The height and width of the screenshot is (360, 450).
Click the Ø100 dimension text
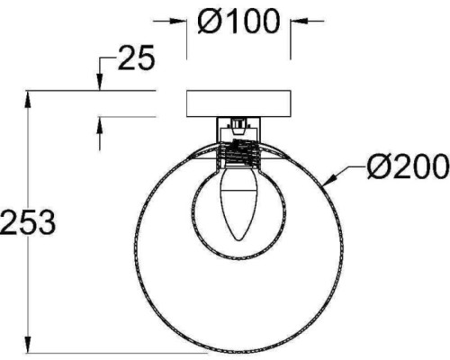tap(238, 21)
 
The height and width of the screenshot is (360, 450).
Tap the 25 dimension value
tap(137, 58)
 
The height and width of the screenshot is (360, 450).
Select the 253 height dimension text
tap(28, 222)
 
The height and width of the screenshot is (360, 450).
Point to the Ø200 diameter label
tap(408, 166)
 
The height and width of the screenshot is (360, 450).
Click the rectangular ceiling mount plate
tap(238, 103)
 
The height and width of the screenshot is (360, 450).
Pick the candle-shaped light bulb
tap(238, 203)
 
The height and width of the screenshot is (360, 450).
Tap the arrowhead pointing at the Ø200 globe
tap(329, 179)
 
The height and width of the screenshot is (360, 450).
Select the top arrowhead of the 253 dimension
tap(28, 98)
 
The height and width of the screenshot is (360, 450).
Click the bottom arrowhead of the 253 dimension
tap(28, 345)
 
